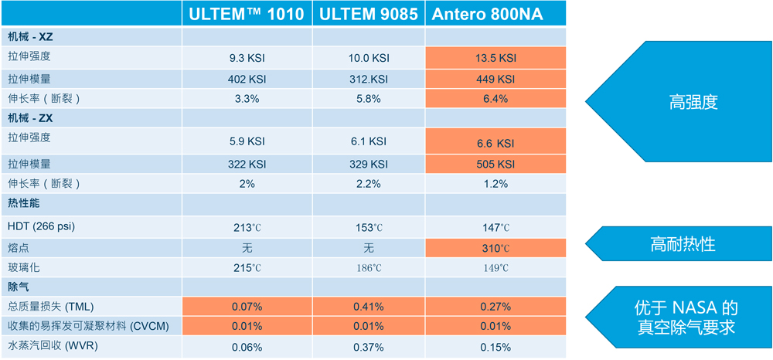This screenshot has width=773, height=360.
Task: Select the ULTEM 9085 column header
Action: click(x=368, y=14)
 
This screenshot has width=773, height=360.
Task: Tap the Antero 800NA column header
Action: click(x=495, y=14)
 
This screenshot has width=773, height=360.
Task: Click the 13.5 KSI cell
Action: click(x=495, y=58)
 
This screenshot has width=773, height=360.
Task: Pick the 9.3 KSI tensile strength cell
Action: click(x=247, y=58)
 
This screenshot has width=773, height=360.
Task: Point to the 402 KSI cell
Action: click(x=247, y=79)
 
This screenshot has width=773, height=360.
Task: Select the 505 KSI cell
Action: click(x=495, y=164)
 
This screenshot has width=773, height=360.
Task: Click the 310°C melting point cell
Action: click(x=495, y=248)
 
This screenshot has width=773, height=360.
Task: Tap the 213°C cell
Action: click(x=247, y=227)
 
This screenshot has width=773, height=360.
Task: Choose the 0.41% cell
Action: click(x=368, y=307)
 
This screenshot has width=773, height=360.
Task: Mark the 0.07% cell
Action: click(x=247, y=307)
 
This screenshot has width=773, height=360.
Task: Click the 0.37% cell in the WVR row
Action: click(x=368, y=347)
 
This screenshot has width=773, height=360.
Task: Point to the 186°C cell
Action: click(x=368, y=268)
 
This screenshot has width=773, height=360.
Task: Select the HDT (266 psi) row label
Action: click(x=42, y=226)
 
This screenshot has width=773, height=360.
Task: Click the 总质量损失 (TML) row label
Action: click(x=50, y=307)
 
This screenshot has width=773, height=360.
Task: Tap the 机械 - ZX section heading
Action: click(x=30, y=118)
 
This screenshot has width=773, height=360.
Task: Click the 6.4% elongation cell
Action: click(x=495, y=99)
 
